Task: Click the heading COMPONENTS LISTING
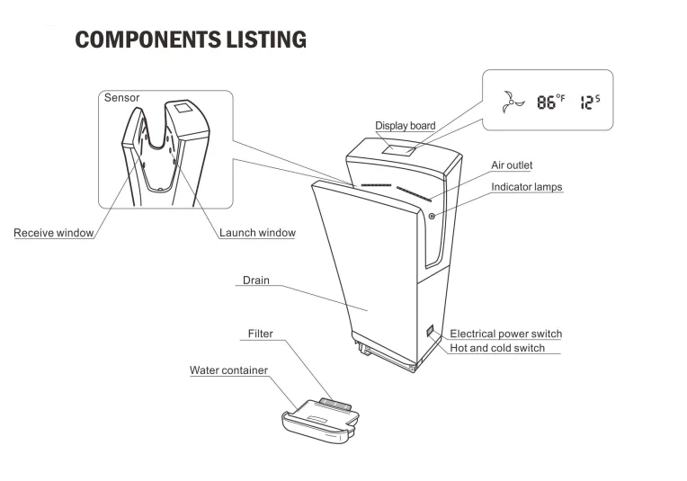(x=191, y=40)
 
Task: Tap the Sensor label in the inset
(x=121, y=97)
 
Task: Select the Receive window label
(x=53, y=234)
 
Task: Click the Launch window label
(x=257, y=234)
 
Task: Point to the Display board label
(x=405, y=126)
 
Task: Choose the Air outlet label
(x=512, y=165)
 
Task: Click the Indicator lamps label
(x=526, y=187)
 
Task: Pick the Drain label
(x=255, y=281)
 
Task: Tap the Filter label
(x=260, y=334)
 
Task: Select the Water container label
(x=228, y=370)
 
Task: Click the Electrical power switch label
(x=505, y=334)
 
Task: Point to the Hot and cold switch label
(x=497, y=348)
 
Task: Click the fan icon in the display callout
(x=511, y=101)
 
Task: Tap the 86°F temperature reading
(x=550, y=101)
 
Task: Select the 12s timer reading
(x=590, y=101)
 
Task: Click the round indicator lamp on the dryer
(x=433, y=216)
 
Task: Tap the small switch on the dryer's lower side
(x=430, y=331)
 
